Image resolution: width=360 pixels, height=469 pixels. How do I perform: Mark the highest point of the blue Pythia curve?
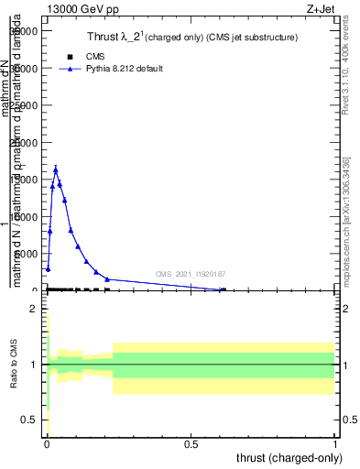(56, 169)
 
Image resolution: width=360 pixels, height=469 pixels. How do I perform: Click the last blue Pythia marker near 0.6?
(223, 289)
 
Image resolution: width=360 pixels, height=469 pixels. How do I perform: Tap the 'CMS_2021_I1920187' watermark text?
(191, 274)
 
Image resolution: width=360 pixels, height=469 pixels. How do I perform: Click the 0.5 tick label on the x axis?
(191, 443)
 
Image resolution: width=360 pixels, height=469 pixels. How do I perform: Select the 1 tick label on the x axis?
(335, 443)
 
